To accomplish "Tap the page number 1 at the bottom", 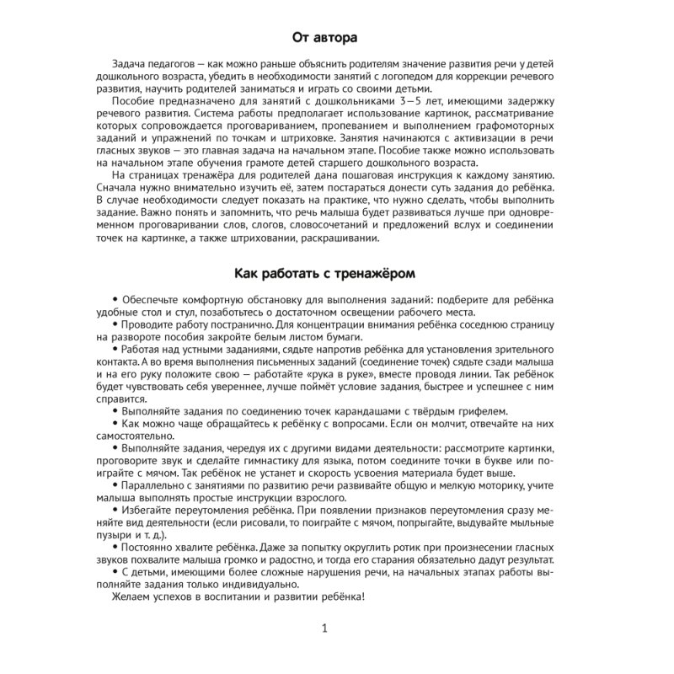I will tap(325, 629).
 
